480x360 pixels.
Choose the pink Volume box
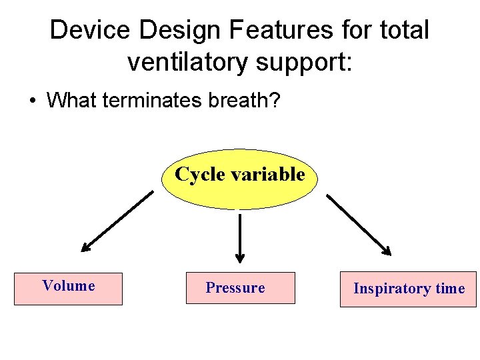[69, 289]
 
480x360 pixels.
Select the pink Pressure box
[240, 288]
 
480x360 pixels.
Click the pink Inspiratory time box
[408, 289]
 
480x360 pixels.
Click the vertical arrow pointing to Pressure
[240, 237]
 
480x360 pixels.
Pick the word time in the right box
[450, 289]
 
